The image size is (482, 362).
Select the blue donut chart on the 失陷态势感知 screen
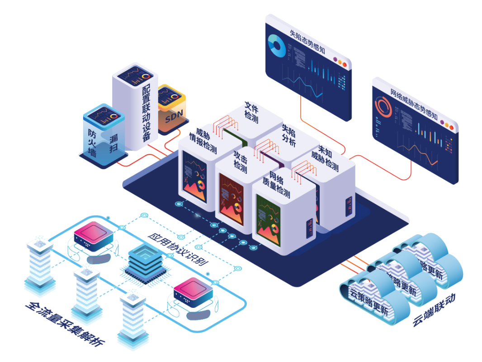pos(276,46)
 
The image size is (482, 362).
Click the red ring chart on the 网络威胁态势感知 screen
pos(383,108)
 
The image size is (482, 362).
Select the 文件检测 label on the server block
pos(251,112)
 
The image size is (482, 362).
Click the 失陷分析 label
pos(288,135)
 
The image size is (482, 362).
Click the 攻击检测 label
pos(240,162)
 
